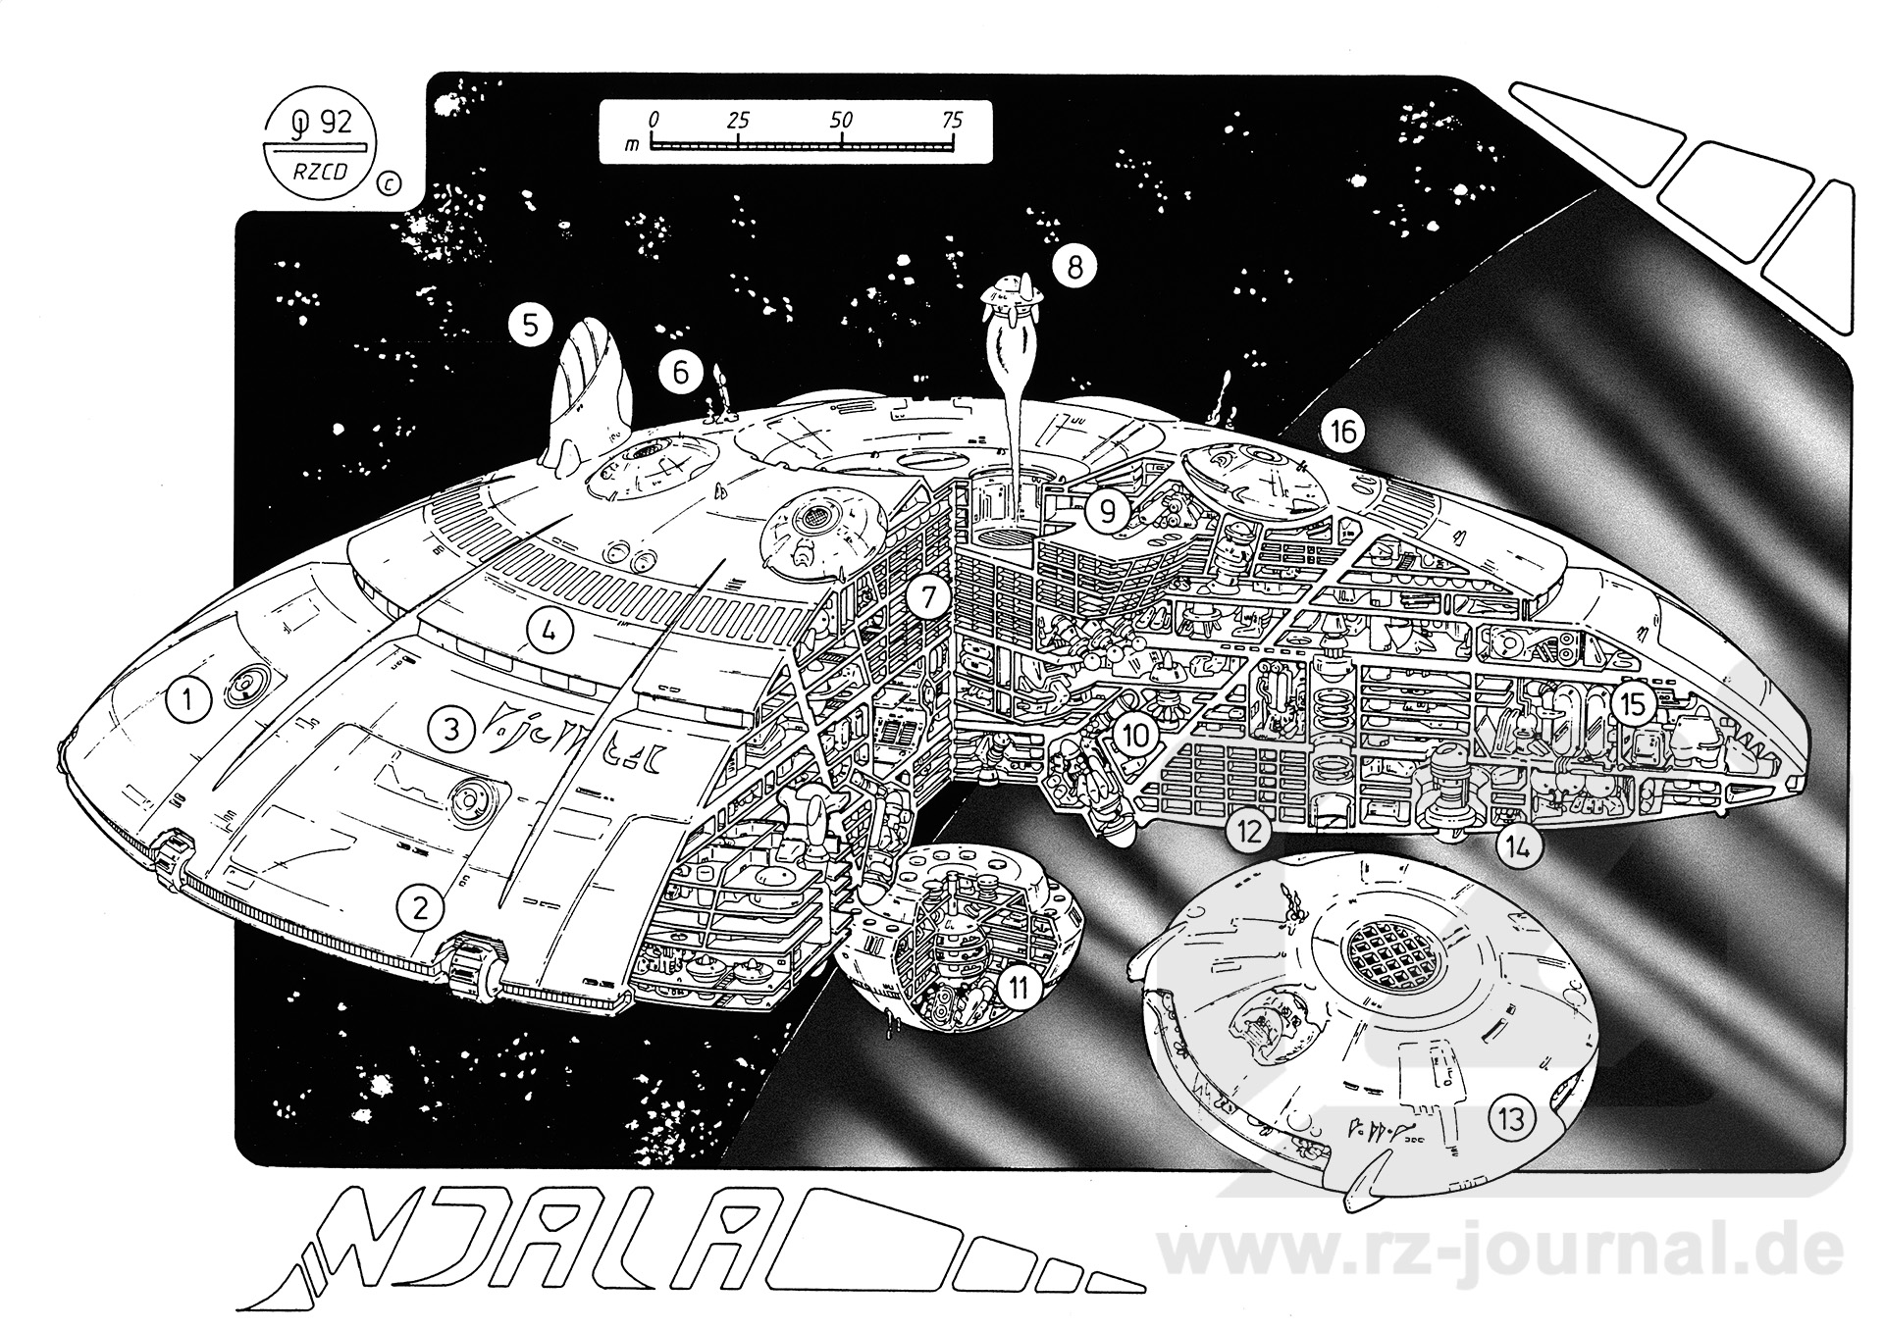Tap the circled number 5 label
coord(531,325)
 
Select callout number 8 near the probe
coord(1074,266)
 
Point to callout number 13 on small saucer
coord(1512,1119)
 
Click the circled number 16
coord(1342,431)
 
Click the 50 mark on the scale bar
coord(841,121)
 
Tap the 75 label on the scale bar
coord(951,121)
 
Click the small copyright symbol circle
coord(389,182)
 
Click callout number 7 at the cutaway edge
coord(927,595)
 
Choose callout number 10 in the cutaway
coord(1134,736)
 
